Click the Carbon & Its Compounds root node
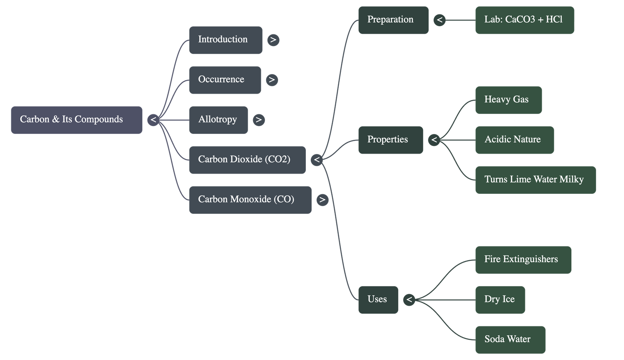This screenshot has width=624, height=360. tap(76, 120)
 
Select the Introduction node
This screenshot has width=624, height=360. tap(225, 40)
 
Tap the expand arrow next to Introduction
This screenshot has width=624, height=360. tap(273, 40)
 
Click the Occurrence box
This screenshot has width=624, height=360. tap(225, 80)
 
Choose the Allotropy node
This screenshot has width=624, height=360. tap(218, 120)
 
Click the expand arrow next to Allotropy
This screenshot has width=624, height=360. tap(259, 120)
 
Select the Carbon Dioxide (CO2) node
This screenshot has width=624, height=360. tap(247, 160)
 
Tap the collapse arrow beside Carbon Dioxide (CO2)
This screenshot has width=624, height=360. tap(317, 160)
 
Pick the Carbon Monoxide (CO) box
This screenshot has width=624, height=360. tap(250, 200)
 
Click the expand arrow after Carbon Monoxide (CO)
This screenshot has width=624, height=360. tap(322, 200)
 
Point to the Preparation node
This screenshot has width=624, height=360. tap(393, 20)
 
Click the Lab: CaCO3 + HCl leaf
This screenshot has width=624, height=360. tap(524, 20)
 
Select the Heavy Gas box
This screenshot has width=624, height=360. tap(508, 100)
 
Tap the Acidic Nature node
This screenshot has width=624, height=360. tap(514, 140)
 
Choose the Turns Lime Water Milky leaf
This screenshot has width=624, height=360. tap(535, 180)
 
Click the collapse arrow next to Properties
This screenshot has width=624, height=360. tap(434, 140)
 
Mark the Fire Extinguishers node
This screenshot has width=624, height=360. tap(523, 259)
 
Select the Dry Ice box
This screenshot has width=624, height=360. tap(500, 300)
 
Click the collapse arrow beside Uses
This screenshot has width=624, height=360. tap(409, 300)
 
